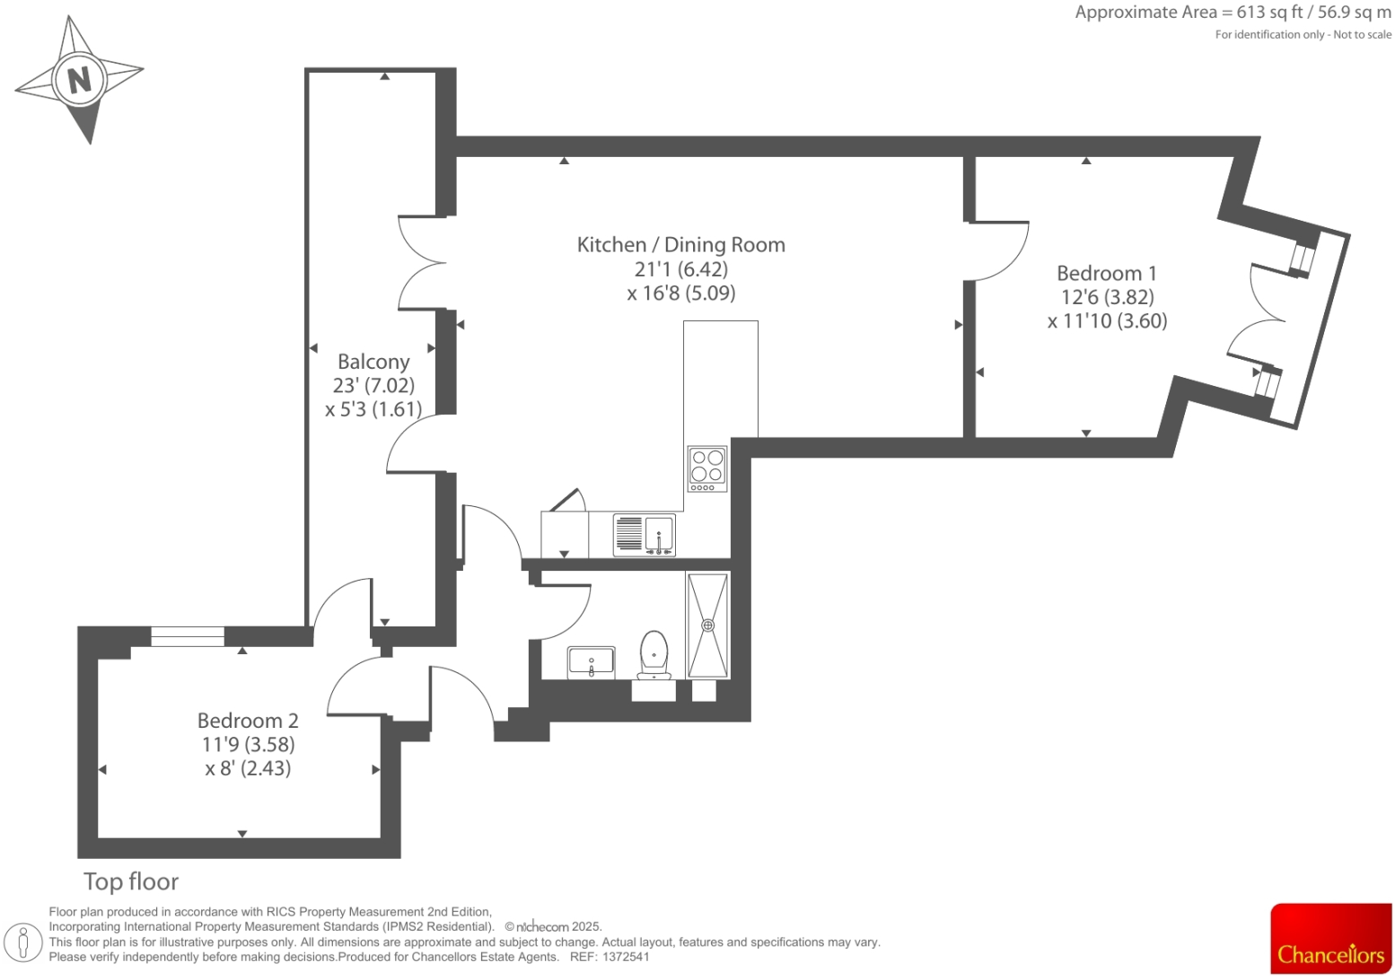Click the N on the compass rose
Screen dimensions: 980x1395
click(79, 80)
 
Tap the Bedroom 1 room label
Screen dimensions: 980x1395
click(1106, 273)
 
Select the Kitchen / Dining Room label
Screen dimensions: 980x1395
click(680, 245)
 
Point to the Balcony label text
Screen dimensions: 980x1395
click(373, 362)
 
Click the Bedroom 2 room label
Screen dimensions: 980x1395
click(248, 721)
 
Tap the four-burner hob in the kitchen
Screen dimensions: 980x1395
click(707, 468)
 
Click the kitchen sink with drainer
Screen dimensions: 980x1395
click(644, 534)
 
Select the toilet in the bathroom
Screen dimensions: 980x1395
click(654, 653)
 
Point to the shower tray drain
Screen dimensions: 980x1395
click(708, 625)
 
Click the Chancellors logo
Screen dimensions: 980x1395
click(1330, 939)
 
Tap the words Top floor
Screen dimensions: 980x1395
click(131, 881)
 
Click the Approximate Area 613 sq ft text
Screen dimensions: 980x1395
click(1233, 13)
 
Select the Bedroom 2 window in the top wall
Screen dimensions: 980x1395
click(188, 636)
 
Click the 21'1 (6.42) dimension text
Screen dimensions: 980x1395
click(680, 269)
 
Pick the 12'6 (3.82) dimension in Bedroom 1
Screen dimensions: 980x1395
click(1106, 297)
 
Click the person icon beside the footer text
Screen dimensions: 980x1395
click(24, 941)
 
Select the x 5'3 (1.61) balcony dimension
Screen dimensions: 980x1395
click(373, 409)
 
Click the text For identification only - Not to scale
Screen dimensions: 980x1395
click(1303, 35)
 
